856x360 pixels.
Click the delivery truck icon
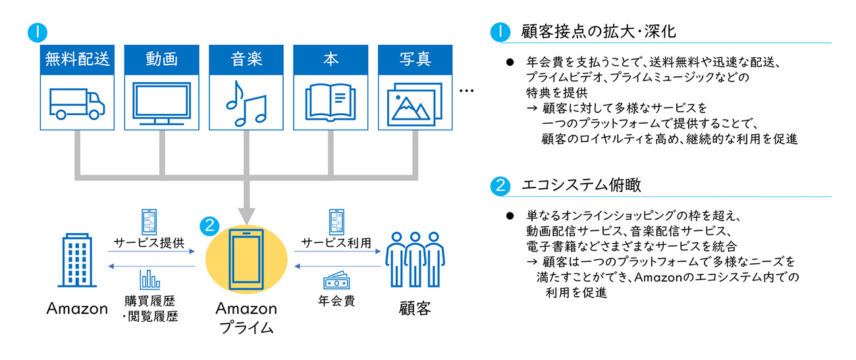[x=77, y=104]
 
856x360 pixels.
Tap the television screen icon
[x=161, y=103]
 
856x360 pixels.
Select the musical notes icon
[x=246, y=103]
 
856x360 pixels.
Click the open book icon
[x=331, y=103]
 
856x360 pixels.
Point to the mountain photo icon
[x=415, y=105]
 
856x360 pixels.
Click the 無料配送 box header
[x=77, y=59]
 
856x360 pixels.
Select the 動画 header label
[x=161, y=59]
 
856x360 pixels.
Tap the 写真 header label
[x=415, y=59]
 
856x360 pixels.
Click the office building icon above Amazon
[x=77, y=260]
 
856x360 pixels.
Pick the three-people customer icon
[x=415, y=259]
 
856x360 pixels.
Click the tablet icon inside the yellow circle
[x=246, y=259]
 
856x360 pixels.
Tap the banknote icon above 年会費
[x=336, y=280]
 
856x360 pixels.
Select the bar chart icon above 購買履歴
[x=150, y=280]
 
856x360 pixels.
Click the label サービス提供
[x=149, y=243]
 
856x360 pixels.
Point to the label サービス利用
[x=336, y=243]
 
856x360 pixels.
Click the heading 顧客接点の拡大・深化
[x=599, y=32]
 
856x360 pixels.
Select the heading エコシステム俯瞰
[x=581, y=185]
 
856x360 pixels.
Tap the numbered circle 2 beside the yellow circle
[x=209, y=226]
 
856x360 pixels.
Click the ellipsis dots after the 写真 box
[x=467, y=91]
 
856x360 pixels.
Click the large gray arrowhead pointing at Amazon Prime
[x=246, y=216]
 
